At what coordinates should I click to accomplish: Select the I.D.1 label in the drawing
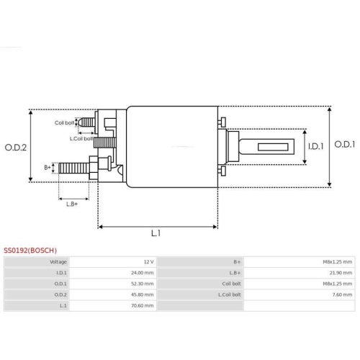[315, 147]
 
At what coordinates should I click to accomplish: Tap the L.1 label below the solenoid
[156, 234]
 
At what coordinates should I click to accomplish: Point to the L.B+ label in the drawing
[72, 204]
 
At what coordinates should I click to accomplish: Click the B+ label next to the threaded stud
[48, 167]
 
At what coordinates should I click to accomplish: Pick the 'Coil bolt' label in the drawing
[65, 122]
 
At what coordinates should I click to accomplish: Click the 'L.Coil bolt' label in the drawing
[81, 138]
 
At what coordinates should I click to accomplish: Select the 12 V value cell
[148, 262]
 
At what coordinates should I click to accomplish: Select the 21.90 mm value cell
[340, 273]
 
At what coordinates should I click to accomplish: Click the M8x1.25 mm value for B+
[336, 262]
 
